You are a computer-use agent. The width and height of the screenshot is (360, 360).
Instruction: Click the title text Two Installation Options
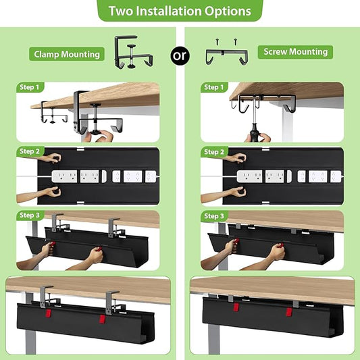(180, 11)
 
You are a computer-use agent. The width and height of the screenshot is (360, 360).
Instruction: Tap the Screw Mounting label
(295, 52)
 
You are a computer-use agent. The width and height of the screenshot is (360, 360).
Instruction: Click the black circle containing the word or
(180, 55)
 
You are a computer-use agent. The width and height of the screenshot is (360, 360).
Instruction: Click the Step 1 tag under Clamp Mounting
(30, 87)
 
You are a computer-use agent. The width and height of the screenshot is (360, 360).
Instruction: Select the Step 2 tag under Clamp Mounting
(30, 151)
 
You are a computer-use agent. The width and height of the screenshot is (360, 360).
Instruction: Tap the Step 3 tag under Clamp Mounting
(30, 215)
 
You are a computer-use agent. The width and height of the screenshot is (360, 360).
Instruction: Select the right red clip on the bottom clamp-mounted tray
(102, 319)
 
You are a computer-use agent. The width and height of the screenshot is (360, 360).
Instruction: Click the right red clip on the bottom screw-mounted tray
(286, 312)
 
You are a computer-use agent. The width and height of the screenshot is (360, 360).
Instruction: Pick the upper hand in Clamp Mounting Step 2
(50, 159)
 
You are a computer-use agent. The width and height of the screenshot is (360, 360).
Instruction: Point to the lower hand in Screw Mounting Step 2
(233, 192)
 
